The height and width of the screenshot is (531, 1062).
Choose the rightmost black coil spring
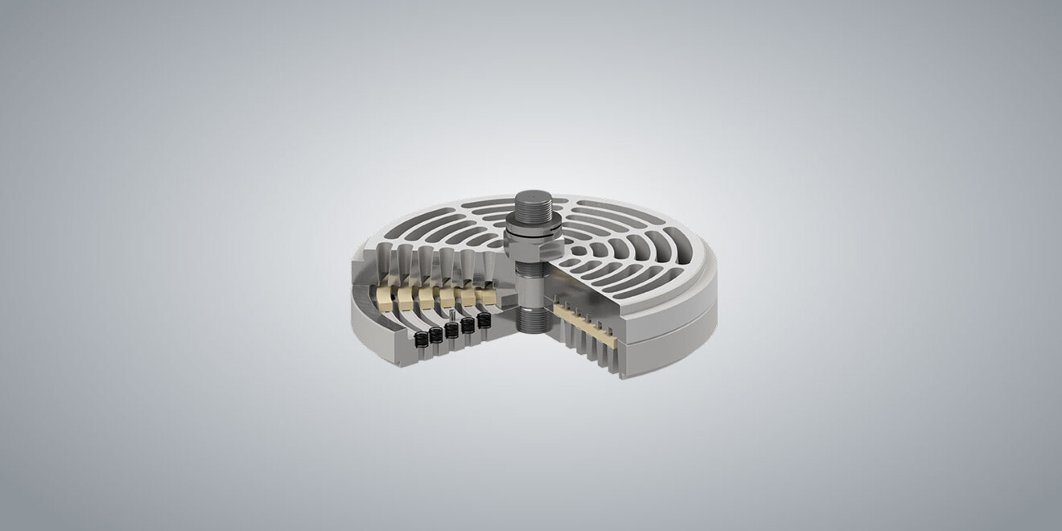484,320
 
